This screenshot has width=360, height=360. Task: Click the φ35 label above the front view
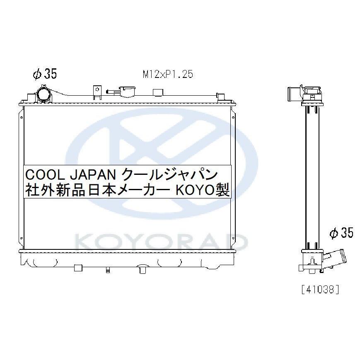pyautogui.click(x=44, y=74)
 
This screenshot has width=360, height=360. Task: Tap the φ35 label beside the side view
pyautogui.click(x=341, y=233)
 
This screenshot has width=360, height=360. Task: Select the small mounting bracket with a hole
pyautogui.click(x=97, y=92)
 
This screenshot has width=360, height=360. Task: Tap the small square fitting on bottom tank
pyautogui.click(x=77, y=266)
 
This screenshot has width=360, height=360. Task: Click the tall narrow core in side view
pyautogui.click(x=313, y=174)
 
